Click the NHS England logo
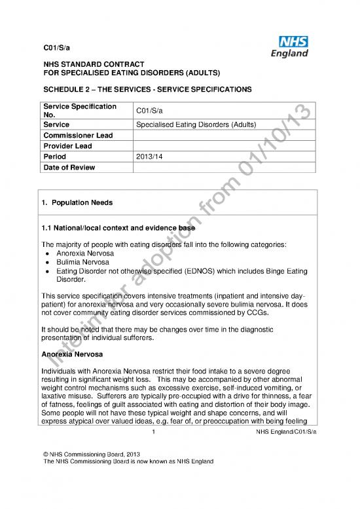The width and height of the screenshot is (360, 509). [289, 46]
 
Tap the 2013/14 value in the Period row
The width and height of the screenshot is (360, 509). [147, 157]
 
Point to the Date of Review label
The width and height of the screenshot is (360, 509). [69, 168]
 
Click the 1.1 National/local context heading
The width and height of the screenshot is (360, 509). [119, 228]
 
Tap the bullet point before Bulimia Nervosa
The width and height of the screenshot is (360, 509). [49, 260]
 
